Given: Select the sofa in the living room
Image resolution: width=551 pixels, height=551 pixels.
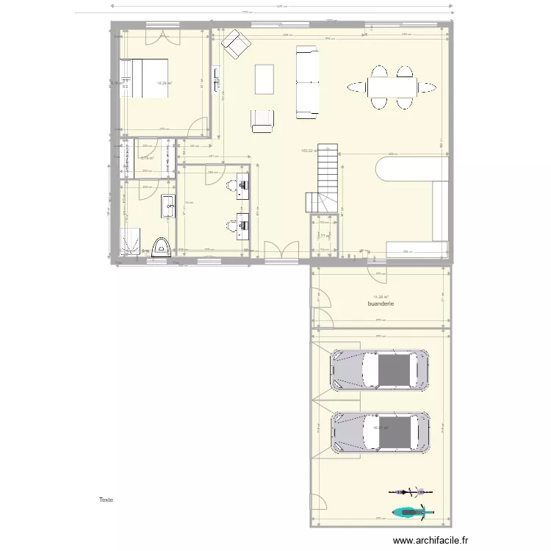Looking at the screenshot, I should pos(307,82).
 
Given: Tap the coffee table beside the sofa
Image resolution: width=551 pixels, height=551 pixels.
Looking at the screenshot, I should pos(264,79).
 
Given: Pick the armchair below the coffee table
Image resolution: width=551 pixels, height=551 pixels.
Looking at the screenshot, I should pos(262,121).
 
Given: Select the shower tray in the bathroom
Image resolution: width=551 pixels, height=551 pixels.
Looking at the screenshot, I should pos(132,240).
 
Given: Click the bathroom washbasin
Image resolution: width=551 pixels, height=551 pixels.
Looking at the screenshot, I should pos(168,207).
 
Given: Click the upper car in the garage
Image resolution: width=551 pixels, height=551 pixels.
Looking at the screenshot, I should pos(379,370).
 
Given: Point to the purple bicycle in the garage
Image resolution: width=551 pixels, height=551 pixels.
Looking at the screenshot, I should pos(409,491).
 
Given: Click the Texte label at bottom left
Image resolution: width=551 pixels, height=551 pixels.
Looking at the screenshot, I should pos(107,500).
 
